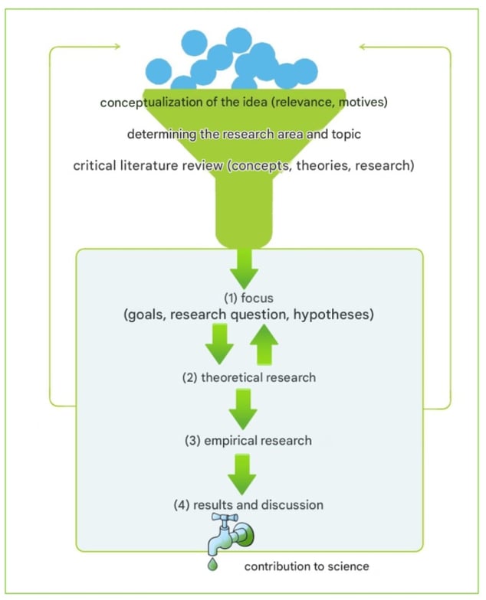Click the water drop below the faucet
(213, 565)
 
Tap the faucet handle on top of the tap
(225, 517)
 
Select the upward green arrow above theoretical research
(264, 344)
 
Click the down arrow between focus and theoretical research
(219, 344)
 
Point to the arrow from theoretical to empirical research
(243, 409)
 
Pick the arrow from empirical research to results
(242, 474)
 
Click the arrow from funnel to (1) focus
(244, 269)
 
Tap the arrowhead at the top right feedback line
(363, 47)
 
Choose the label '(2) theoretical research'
(249, 378)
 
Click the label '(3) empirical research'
(248, 441)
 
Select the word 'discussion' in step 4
(292, 505)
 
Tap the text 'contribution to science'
(307, 566)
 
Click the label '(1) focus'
(248, 298)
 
